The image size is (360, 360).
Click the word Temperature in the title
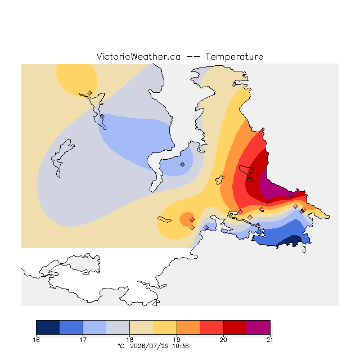pyautogui.click(x=234, y=57)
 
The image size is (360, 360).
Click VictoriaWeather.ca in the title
pyautogui.click(x=138, y=57)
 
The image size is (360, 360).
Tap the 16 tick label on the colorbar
pyautogui.click(x=36, y=340)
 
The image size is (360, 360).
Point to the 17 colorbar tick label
pyautogui.click(x=83, y=340)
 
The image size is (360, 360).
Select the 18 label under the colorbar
pyautogui.click(x=130, y=340)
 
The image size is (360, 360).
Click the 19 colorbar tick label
pyautogui.click(x=177, y=340)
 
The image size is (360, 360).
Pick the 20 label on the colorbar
pyautogui.click(x=223, y=340)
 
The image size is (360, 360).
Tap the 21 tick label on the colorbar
pyautogui.click(x=270, y=340)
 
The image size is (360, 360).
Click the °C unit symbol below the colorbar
pyautogui.click(x=121, y=346)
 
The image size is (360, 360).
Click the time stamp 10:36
pyautogui.click(x=181, y=346)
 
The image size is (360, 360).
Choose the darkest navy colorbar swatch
pyautogui.click(x=48, y=327)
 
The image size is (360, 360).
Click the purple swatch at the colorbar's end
pyautogui.click(x=258, y=327)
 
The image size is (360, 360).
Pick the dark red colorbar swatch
pyautogui.click(x=235, y=327)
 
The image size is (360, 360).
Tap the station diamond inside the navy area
pyautogui.click(x=299, y=239)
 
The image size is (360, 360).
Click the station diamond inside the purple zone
pyautogui.click(x=291, y=195)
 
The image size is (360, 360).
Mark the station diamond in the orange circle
pyautogui.click(x=192, y=220)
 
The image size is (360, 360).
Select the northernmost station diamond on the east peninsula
pyautogui.click(x=234, y=85)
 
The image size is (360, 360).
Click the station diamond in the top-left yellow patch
pyautogui.click(x=90, y=93)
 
